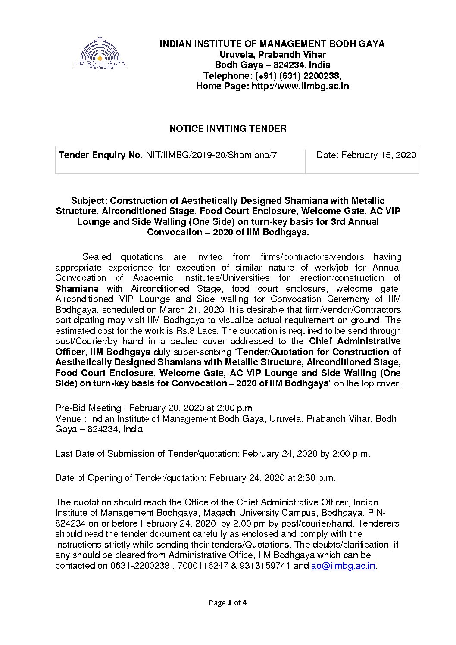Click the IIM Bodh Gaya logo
pos(100,54)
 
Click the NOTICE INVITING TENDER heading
pos(228,129)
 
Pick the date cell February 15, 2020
pos(379,155)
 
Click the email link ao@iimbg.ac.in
pos(343,566)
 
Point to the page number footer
pos(228,603)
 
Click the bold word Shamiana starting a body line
pos(77,288)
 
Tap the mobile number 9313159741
pos(264,566)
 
